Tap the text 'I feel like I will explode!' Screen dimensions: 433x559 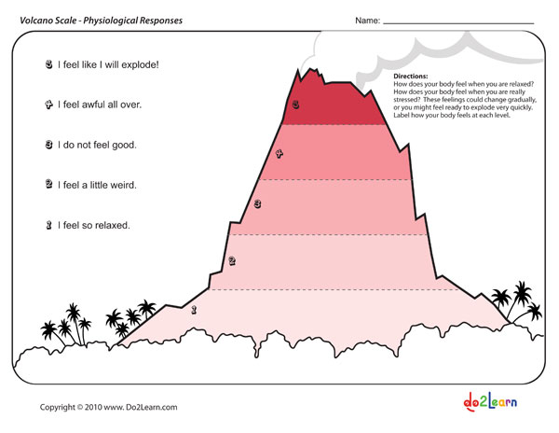108,65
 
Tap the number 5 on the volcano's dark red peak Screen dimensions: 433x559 295,105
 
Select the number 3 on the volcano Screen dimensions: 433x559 257,203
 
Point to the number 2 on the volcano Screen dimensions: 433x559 232,261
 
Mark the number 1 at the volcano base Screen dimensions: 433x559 194,309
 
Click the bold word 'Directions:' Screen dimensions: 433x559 411,75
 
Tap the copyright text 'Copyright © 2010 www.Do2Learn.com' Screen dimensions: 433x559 108,407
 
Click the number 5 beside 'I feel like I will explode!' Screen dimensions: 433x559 48,65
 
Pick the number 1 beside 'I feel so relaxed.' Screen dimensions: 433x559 48,225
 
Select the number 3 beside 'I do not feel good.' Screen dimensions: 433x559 48,146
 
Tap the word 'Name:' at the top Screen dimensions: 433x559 367,21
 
